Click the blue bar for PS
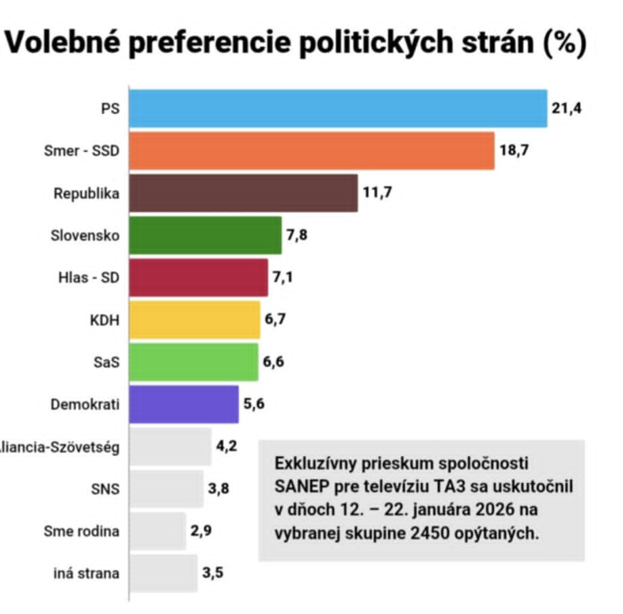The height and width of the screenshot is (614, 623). pos(338,108)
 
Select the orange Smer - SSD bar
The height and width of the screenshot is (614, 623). pos(311,151)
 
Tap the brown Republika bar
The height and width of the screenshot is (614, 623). pos(243,193)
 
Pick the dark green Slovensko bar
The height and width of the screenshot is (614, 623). pos(205,235)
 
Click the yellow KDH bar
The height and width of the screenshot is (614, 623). pos(195,320)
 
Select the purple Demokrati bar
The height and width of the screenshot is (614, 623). pos(184,404)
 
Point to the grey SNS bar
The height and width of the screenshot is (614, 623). pos(166,488)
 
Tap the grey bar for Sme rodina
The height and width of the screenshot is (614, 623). pos(157,531)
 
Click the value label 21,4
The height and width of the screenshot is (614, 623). pos(567,108)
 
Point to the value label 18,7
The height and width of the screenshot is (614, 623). pos(514,151)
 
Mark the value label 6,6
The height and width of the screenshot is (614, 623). pos(273,362)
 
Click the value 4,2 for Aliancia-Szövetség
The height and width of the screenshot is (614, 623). pos(226,446)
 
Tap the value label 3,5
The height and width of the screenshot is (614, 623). pos(212,573)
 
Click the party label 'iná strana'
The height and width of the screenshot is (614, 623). pos(86,573)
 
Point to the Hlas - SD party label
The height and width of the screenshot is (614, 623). pos(88,277)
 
